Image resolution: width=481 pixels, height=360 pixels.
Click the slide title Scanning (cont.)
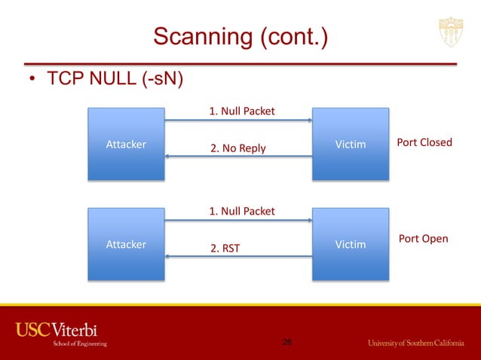pos(240,35)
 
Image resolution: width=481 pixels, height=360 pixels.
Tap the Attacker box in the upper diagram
pos(126,144)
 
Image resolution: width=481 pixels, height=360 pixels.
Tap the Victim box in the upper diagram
pos(351,144)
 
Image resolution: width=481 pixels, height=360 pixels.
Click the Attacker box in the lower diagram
pos(126,244)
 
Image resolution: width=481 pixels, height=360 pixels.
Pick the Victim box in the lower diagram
pos(351,244)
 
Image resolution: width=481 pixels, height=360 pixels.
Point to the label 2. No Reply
pos(237,148)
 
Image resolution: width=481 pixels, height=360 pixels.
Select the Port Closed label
pos(424,142)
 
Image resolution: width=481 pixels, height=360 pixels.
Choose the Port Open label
pos(423,239)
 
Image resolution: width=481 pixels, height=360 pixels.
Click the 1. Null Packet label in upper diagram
pos(241,111)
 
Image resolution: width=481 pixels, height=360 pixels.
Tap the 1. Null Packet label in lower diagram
pos(241,211)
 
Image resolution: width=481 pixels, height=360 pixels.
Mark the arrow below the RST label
pos(238,257)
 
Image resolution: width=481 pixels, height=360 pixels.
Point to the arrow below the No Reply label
pos(238,157)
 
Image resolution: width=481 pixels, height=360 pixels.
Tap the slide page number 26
pos(286,343)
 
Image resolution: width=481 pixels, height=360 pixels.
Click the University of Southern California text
pos(415,343)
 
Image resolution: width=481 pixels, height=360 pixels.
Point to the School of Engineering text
pos(79,343)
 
